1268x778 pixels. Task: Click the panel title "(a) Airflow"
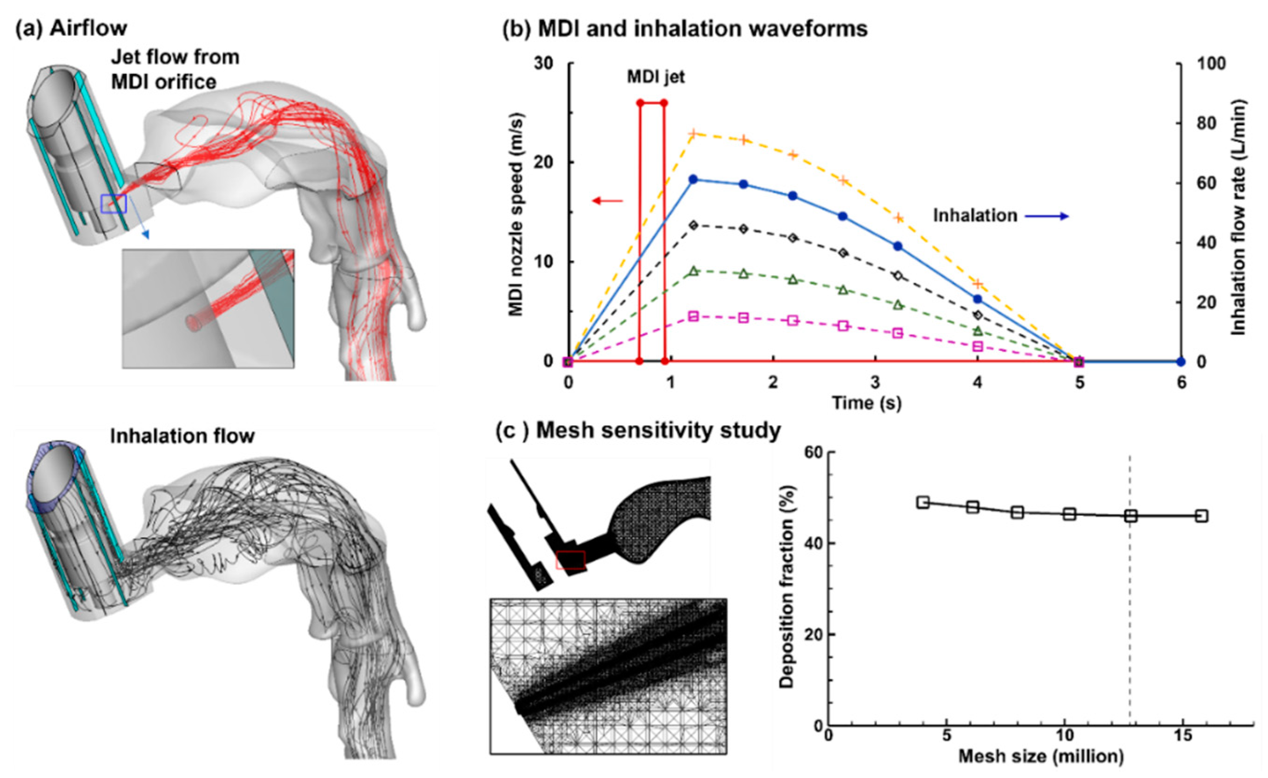click(x=71, y=28)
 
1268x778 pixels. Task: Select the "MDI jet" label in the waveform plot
click(x=656, y=77)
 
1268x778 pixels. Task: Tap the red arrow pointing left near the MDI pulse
click(x=607, y=201)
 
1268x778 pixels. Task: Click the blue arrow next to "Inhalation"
click(x=1047, y=216)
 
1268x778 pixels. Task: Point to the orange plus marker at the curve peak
click(x=692, y=134)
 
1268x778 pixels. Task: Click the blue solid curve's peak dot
click(x=692, y=179)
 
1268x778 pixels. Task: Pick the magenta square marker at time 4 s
click(x=977, y=347)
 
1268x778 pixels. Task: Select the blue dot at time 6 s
click(x=1180, y=362)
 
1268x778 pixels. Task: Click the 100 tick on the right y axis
click(x=1211, y=64)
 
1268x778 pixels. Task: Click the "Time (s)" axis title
click(x=867, y=402)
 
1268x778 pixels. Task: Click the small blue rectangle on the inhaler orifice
click(x=114, y=204)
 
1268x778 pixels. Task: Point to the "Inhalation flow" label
click(x=182, y=436)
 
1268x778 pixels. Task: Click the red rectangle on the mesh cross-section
click(x=570, y=560)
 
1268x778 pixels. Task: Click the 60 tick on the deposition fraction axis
click(x=813, y=452)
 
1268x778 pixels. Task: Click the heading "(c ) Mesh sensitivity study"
click(x=637, y=430)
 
